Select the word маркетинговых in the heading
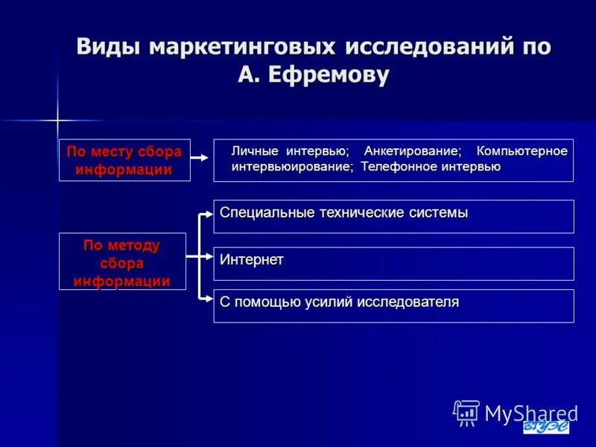pos(243,46)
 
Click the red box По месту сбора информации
pos(124,160)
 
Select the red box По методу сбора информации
pos(122,262)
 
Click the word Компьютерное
pos(521,151)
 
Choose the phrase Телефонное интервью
pos(431,167)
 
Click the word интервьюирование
pos(291,167)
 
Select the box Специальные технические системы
pos(393,216)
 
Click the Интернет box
pos(393,263)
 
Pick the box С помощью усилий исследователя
pos(393,305)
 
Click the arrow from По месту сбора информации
pos(200,158)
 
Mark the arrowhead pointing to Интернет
pos(209,257)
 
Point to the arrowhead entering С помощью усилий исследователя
pos(209,299)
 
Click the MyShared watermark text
pos(530,413)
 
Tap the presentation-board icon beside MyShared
pos(466,412)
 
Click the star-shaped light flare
pos(57,119)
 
